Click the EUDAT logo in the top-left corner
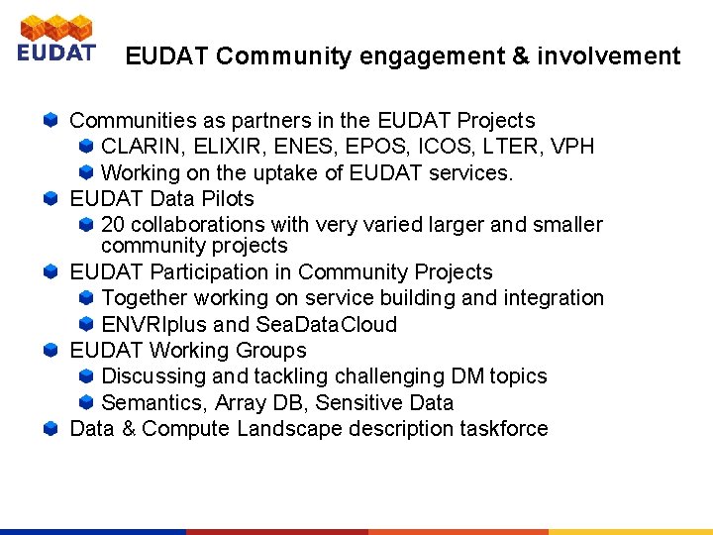[x=56, y=40]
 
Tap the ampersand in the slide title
[x=521, y=56]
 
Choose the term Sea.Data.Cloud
[x=326, y=325]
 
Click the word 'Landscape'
[x=283, y=429]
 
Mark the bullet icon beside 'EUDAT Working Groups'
[x=51, y=351]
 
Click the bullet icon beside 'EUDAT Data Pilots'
[x=51, y=199]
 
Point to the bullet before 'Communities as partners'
[x=51, y=121]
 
